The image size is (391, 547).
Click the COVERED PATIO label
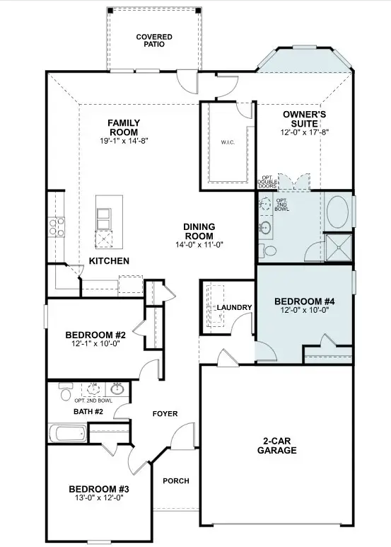pos(153,40)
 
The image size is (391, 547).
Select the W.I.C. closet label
pos(228,142)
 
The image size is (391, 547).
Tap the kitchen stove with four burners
pos(56,227)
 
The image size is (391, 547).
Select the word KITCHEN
pos(109,261)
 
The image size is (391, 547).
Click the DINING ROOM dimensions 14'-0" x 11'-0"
pos(199,245)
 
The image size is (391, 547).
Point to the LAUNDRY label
pos(235,307)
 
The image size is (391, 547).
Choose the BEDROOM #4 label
pos(304,301)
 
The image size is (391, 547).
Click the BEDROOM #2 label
pos(95,335)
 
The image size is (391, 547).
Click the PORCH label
pos(176,481)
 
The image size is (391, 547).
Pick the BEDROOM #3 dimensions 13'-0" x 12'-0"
pos(98,498)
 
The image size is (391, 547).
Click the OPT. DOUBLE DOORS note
pos(267,183)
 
